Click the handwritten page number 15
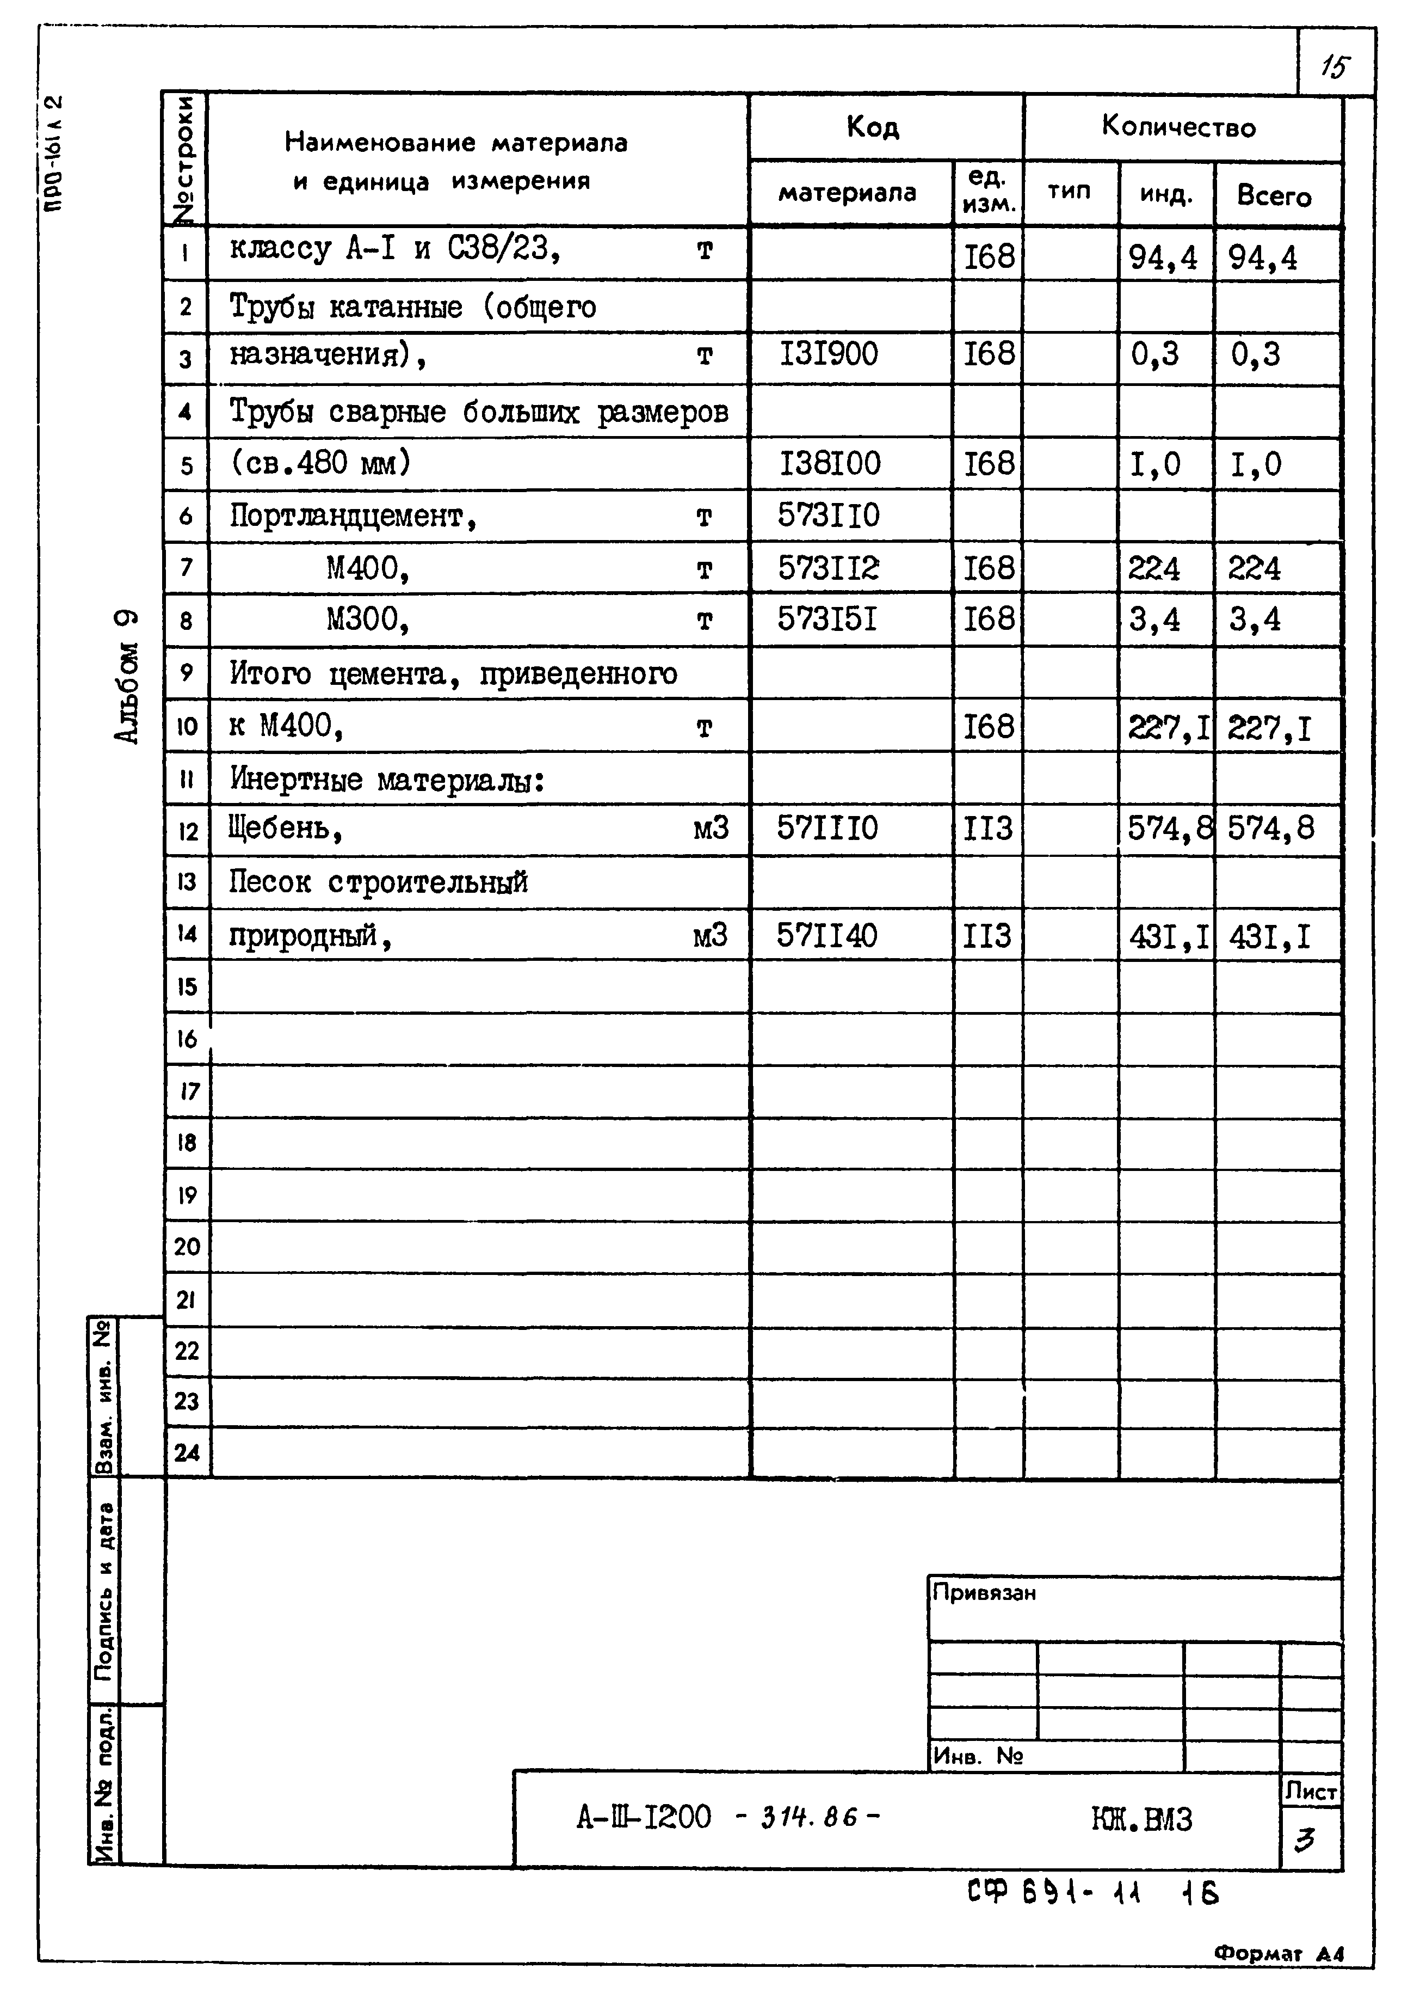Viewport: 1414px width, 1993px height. (1335, 66)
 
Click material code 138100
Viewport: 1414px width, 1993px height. (830, 463)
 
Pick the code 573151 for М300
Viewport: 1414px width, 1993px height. (827, 620)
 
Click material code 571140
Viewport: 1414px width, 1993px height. (826, 935)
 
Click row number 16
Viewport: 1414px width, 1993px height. (186, 1038)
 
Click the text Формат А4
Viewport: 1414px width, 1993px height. (1278, 1953)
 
